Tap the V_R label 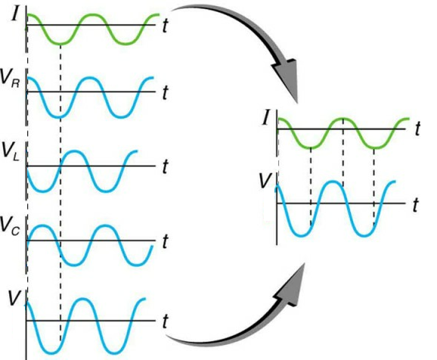tap(10, 79)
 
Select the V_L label tap(11, 152)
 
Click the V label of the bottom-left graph tap(14, 299)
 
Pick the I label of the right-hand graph tap(266, 118)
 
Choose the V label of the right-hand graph tap(265, 181)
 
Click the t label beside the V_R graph tap(165, 92)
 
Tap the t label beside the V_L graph tap(165, 166)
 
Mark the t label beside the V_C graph tap(165, 241)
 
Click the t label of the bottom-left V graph tap(165, 321)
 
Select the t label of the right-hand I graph tap(417, 129)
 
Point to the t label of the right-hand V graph tap(415, 205)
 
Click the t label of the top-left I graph tap(165, 26)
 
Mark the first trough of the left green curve tap(60, 44)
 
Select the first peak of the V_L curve tap(74, 151)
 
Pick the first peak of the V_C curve tap(42, 226)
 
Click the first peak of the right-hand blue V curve tap(333, 182)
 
